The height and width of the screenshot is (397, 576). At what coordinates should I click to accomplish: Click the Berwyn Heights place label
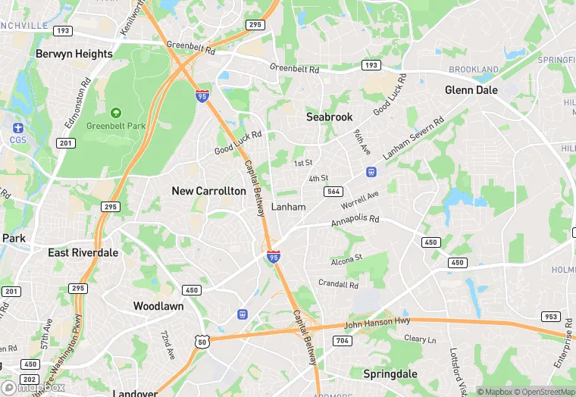pyautogui.click(x=74, y=54)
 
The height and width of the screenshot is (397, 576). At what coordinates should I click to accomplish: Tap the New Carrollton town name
pyautogui.click(x=208, y=191)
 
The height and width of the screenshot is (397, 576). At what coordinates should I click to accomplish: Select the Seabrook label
pyautogui.click(x=330, y=117)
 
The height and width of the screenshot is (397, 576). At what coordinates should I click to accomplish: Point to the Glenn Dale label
pyautogui.click(x=471, y=89)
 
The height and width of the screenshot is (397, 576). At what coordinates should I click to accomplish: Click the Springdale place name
pyautogui.click(x=390, y=374)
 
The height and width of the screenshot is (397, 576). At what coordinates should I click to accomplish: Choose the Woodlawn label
pyautogui.click(x=158, y=306)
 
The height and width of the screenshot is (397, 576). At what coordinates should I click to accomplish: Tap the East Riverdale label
pyautogui.click(x=83, y=252)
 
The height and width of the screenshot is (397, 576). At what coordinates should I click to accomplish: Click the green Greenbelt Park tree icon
pyautogui.click(x=116, y=112)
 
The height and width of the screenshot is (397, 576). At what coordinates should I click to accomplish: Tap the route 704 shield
pyautogui.click(x=342, y=341)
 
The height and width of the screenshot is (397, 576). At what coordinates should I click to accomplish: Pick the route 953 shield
pyautogui.click(x=550, y=316)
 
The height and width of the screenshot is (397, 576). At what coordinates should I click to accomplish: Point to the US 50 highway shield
pyautogui.click(x=202, y=342)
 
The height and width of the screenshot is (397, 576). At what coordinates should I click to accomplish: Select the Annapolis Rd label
pyautogui.click(x=354, y=223)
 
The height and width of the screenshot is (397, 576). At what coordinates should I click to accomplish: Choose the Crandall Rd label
pyautogui.click(x=338, y=285)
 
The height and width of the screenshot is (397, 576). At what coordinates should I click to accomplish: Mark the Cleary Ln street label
pyautogui.click(x=420, y=340)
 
